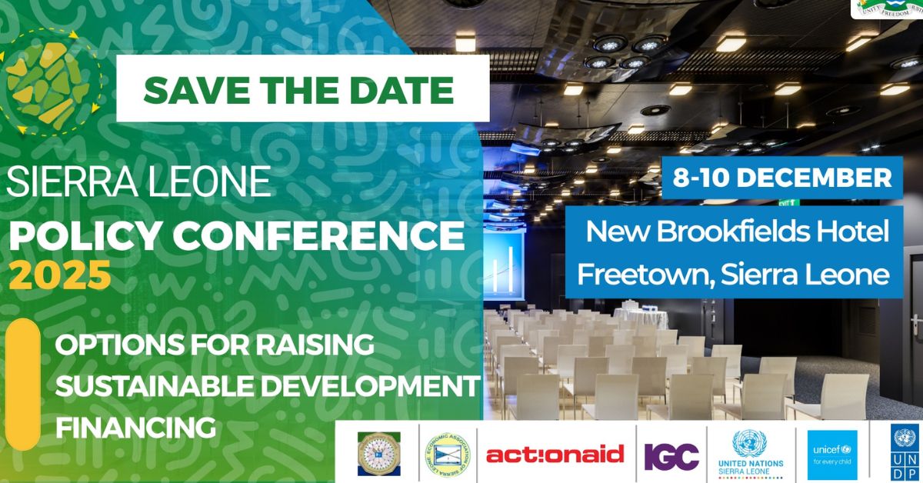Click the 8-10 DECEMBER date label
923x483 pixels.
pyautogui.click(x=782, y=178)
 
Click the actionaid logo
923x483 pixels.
pyautogui.click(x=555, y=455)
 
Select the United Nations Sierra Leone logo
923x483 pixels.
pyautogui.click(x=748, y=453)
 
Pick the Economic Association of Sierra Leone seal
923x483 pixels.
pyautogui.click(x=447, y=454)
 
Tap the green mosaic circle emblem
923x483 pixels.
pyautogui.click(x=48, y=82)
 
